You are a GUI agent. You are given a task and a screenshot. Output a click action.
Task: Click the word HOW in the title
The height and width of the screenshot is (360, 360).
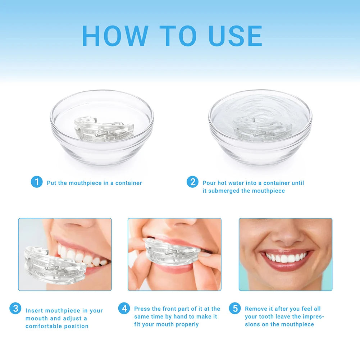click(x=115, y=36)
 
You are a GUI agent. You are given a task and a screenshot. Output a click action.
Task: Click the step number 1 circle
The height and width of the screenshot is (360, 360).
click(x=36, y=182)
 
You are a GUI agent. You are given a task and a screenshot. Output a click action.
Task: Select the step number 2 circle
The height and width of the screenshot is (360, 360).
click(x=192, y=182)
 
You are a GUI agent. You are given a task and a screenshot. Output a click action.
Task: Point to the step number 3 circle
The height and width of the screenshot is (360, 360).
click(x=15, y=308)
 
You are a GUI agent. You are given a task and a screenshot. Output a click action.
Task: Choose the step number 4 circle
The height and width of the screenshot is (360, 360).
click(x=124, y=308)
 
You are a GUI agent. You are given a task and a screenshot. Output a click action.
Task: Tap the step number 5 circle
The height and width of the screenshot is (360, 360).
click(x=235, y=308)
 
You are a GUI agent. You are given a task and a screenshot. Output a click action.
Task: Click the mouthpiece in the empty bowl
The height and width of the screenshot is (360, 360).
click(x=103, y=129)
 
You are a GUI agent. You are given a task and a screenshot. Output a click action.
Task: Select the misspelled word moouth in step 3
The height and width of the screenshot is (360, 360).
click(x=36, y=318)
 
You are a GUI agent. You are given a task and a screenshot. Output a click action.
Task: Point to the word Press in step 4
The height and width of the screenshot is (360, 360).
click(x=142, y=309)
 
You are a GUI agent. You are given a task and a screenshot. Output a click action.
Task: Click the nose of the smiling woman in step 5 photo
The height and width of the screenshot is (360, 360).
click(x=286, y=238)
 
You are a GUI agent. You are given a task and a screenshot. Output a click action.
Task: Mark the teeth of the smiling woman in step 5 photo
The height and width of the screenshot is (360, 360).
click(x=286, y=258)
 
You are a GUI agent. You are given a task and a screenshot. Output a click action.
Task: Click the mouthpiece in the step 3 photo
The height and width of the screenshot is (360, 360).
click(x=54, y=264)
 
